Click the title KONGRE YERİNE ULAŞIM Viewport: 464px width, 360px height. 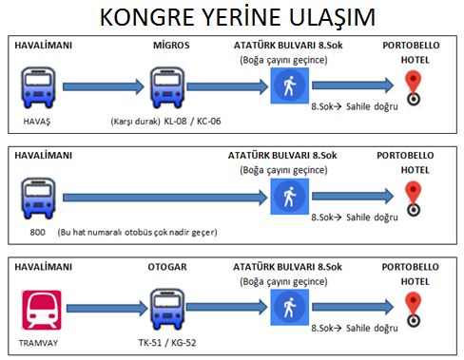(238, 17)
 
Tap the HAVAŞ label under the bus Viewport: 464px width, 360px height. (37, 122)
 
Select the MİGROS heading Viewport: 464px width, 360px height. (171, 45)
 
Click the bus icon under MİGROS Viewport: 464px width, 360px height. (167, 87)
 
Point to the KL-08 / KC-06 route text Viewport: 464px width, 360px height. (192, 122)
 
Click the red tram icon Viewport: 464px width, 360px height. (41, 310)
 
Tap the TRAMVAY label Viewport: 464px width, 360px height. (38, 343)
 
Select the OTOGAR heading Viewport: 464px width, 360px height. (167, 267)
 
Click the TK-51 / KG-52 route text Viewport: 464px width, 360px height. (167, 343)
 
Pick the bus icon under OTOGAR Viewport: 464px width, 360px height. (167, 310)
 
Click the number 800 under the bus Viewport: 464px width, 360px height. (37, 233)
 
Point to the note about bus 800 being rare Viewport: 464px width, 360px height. (137, 233)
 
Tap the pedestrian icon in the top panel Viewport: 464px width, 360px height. (289, 85)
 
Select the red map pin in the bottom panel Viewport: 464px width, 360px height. (414, 310)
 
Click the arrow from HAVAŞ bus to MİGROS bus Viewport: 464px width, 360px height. (104, 86)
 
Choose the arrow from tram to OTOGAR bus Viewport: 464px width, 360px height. (107, 309)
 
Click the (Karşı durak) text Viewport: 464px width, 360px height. (135, 122)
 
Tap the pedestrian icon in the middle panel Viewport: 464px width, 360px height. (289, 197)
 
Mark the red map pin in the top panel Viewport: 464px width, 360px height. (414, 88)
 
